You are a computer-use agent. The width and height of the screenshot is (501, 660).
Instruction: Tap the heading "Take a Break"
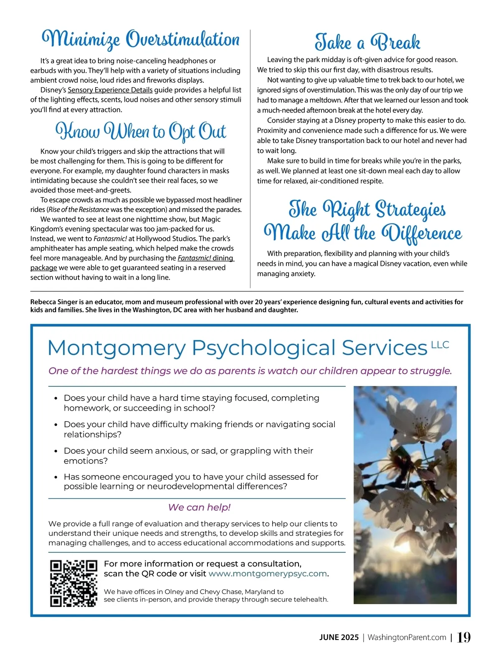pyautogui.click(x=367, y=43)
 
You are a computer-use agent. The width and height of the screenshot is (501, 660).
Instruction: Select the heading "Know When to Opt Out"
pyautogui.click(x=141, y=131)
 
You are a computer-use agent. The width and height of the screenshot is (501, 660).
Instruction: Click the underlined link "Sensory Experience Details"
pyautogui.click(x=110, y=90)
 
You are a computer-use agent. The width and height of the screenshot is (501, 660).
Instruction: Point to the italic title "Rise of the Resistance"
pyautogui.click(x=79, y=209)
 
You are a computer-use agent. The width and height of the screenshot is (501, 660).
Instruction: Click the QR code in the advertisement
pyautogui.click(x=73, y=583)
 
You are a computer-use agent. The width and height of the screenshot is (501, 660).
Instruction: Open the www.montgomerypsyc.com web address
pyautogui.click(x=268, y=574)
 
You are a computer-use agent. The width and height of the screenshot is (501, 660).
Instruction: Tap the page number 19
pyautogui.click(x=463, y=637)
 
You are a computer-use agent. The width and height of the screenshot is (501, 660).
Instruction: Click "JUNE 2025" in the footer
pyautogui.click(x=339, y=637)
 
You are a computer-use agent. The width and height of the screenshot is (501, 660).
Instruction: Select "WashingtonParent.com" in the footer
pyautogui.click(x=407, y=637)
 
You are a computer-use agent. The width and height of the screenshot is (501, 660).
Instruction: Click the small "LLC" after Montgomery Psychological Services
pyautogui.click(x=440, y=345)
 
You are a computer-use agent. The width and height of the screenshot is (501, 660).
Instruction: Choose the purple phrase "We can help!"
pyautogui.click(x=199, y=507)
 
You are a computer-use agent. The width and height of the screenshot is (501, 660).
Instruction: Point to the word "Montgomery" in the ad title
pyautogui.click(x=116, y=348)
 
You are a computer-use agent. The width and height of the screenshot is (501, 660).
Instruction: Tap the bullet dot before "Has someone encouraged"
pyautogui.click(x=56, y=477)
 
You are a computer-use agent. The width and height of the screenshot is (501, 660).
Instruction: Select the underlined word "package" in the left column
pyautogui.click(x=43, y=268)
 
